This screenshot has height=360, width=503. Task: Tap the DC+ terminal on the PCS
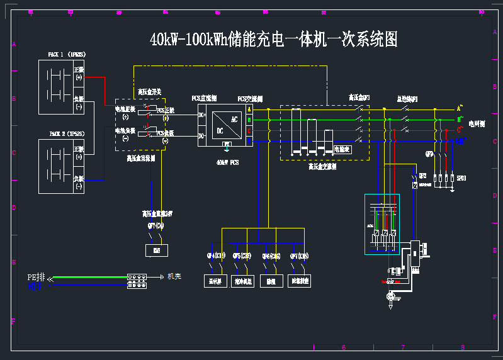click(202, 115)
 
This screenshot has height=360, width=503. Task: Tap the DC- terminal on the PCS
click(202, 136)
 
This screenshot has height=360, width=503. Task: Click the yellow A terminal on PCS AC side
click(249, 110)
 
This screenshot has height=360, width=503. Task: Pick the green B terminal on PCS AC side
click(249, 120)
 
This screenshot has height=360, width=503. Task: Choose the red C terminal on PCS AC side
click(249, 130)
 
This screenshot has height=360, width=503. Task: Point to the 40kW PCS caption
click(227, 162)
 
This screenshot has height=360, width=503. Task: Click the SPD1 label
click(461, 179)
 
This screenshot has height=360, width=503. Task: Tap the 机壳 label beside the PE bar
click(174, 276)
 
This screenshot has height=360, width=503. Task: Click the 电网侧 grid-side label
click(477, 124)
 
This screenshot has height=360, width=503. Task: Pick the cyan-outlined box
click(381, 224)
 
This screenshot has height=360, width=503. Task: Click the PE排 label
click(36, 277)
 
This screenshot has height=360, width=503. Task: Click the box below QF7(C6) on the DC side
click(156, 251)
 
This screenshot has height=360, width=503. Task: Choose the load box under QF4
click(214, 281)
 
